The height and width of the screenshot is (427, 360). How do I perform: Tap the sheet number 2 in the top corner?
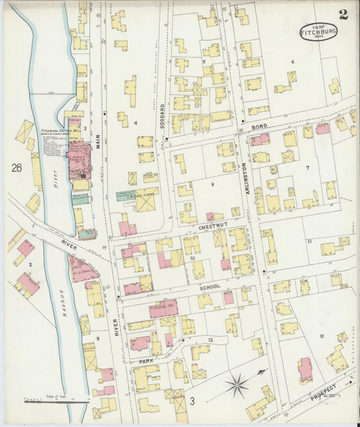coord(343,15)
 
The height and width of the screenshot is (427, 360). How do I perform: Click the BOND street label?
coord(259,126)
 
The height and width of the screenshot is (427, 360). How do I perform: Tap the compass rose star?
coord(237,386)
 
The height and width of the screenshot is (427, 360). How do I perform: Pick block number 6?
coord(292,61)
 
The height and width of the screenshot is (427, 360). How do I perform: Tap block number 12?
coord(322,336)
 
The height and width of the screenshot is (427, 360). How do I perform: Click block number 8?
coord(212,184)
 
